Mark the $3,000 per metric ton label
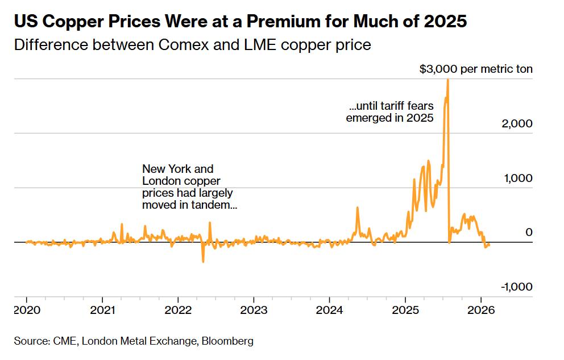pyautogui.click(x=476, y=69)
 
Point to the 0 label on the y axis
pyautogui.click(x=528, y=232)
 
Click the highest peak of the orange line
pyautogui.click(x=447, y=80)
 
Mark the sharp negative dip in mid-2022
pyautogui.click(x=203, y=261)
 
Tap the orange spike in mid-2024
pyautogui.click(x=357, y=208)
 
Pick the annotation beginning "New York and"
pyautogui.click(x=189, y=187)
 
